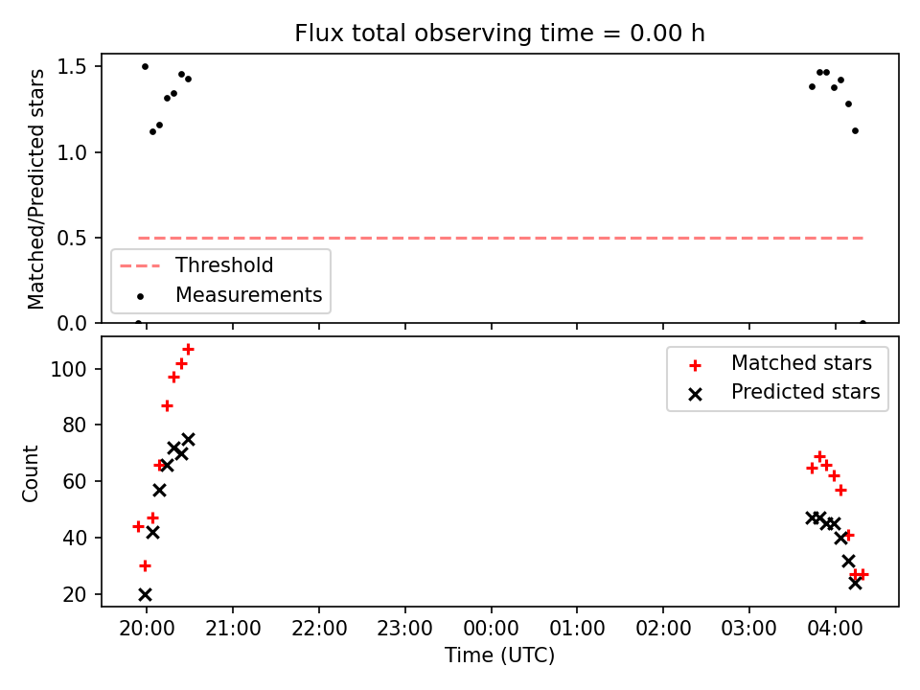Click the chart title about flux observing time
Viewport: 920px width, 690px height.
[499, 34]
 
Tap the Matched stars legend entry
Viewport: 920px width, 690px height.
[779, 363]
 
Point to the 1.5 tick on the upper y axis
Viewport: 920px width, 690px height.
[72, 67]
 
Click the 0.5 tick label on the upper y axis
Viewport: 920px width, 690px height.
[72, 239]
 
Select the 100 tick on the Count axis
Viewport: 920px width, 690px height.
[69, 369]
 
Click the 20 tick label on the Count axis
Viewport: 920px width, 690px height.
[75, 594]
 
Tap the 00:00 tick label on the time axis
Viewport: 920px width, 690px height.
[491, 629]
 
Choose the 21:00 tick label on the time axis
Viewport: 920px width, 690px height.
[233, 629]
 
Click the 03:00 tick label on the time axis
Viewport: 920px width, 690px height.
[749, 629]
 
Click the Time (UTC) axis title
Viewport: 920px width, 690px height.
[499, 655]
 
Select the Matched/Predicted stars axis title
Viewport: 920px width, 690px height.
[35, 189]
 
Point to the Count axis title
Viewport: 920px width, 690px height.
[30, 473]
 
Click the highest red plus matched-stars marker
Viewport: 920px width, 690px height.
[189, 350]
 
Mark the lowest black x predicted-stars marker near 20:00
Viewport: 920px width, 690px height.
[145, 595]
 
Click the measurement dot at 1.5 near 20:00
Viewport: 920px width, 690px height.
[145, 67]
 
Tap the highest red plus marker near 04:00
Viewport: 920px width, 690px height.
[819, 456]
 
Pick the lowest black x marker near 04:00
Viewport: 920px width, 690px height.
[855, 584]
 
